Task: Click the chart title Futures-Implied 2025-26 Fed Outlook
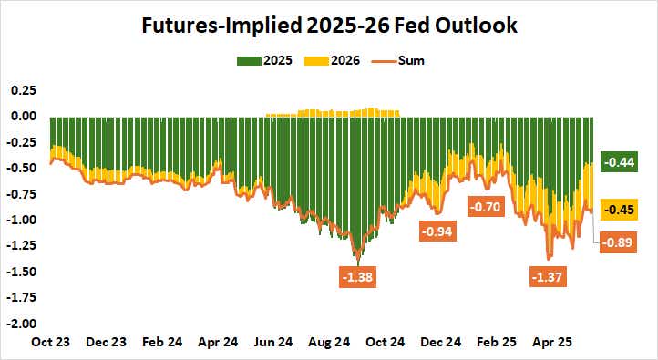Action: (x=329, y=25)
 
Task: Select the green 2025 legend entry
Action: (x=262, y=61)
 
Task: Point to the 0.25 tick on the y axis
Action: (x=22, y=90)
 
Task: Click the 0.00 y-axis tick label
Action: (x=22, y=116)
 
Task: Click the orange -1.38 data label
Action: (x=356, y=276)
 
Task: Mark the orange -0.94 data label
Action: (x=438, y=231)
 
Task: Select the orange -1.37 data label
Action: (x=549, y=276)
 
